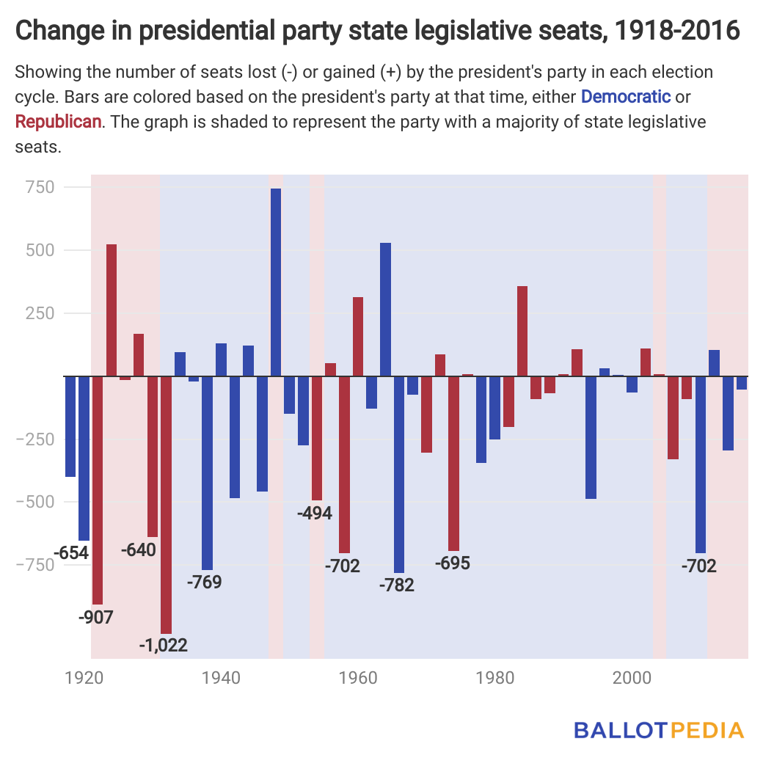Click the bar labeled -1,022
click(166, 504)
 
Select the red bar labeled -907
click(98, 489)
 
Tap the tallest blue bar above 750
click(276, 282)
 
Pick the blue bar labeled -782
click(399, 474)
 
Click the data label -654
click(71, 553)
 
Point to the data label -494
click(315, 513)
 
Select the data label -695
click(453, 563)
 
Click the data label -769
click(204, 583)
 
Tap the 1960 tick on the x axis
click(357, 677)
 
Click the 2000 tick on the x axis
click(633, 677)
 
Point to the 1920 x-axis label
click(83, 677)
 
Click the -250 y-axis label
click(35, 439)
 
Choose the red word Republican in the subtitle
click(58, 121)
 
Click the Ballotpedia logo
click(659, 730)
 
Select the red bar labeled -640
click(152, 456)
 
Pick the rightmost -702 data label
click(698, 566)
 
